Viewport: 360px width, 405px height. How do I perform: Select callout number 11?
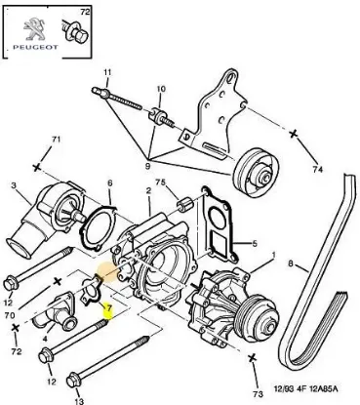pos(109,70)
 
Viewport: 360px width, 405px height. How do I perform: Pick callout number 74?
pos(317,170)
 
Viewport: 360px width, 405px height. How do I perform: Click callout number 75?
pos(161,182)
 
